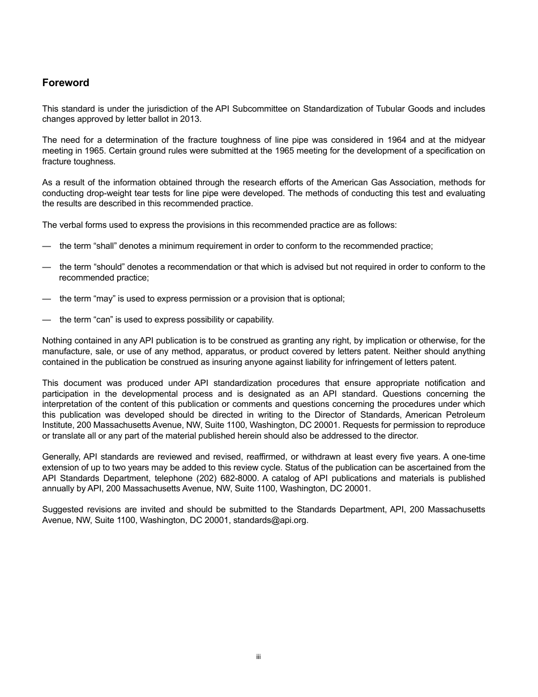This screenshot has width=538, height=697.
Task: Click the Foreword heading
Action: point(66,83)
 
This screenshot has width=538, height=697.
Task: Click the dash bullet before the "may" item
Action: point(46,299)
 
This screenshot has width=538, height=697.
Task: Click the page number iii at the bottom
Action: point(258,657)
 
